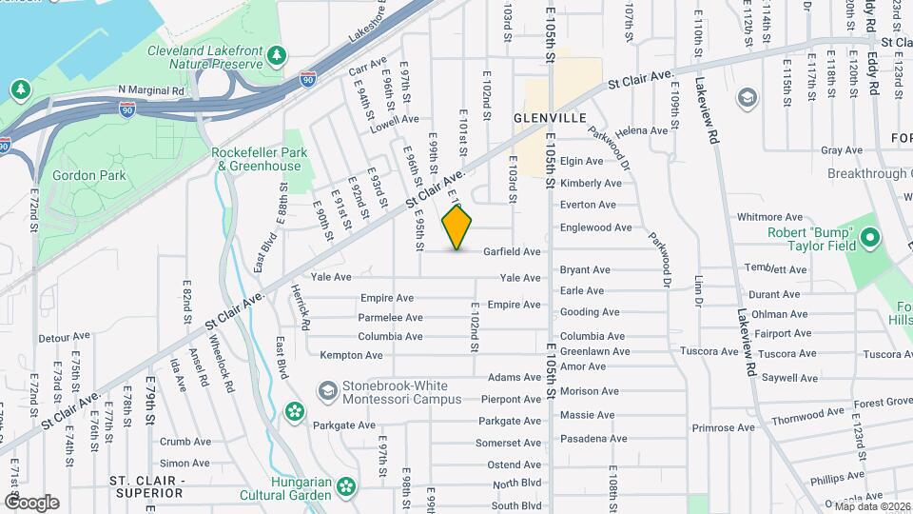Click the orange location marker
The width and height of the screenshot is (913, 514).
coord(457,227)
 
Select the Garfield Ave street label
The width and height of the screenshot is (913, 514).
coord(512,252)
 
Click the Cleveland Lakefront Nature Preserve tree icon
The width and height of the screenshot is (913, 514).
coord(277,55)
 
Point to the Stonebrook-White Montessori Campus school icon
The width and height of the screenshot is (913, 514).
coord(328,391)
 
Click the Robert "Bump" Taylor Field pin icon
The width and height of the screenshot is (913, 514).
coord(869,237)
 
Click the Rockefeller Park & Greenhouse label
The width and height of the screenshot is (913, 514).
coord(256,159)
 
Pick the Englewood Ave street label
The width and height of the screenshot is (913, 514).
coord(622,227)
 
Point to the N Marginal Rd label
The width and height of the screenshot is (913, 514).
coord(151,90)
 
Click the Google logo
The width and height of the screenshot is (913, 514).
coord(31,502)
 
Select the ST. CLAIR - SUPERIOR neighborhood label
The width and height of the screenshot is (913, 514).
coord(146,486)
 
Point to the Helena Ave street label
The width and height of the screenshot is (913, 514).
coord(642,130)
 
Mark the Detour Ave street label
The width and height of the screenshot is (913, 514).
coord(63,338)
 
